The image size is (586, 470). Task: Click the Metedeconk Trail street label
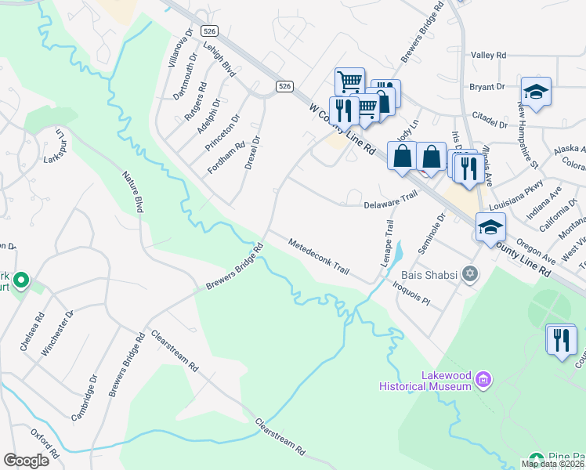point(319,256)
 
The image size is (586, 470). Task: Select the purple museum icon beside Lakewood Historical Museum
point(483,381)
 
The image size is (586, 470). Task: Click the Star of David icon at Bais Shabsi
point(470,274)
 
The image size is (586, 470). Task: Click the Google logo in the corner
point(26,461)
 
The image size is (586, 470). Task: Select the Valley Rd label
point(490,56)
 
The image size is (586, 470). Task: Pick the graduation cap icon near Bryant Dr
point(537,92)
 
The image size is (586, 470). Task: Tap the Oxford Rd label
point(45,443)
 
